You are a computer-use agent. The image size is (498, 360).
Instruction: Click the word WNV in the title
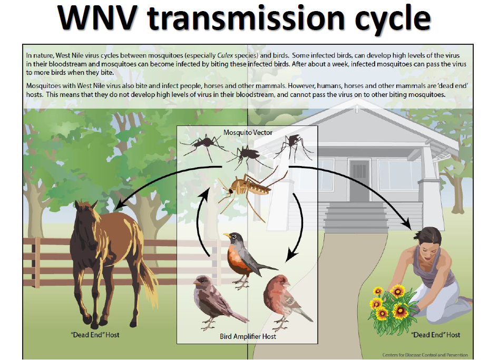click(x=97, y=18)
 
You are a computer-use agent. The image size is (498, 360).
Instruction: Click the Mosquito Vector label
click(x=248, y=132)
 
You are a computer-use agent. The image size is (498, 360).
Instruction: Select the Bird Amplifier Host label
click(x=248, y=336)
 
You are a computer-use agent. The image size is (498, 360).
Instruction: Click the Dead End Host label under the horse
click(x=95, y=335)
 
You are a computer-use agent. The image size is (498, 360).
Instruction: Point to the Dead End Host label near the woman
click(x=435, y=335)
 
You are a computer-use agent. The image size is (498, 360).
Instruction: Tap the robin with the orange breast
click(x=245, y=257)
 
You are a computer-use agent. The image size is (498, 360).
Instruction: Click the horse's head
click(x=84, y=216)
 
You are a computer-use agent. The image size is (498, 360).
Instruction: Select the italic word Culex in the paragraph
click(x=225, y=55)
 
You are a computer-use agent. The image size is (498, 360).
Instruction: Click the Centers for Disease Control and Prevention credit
click(x=425, y=355)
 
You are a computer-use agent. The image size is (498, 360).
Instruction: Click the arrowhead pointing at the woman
click(x=407, y=225)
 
